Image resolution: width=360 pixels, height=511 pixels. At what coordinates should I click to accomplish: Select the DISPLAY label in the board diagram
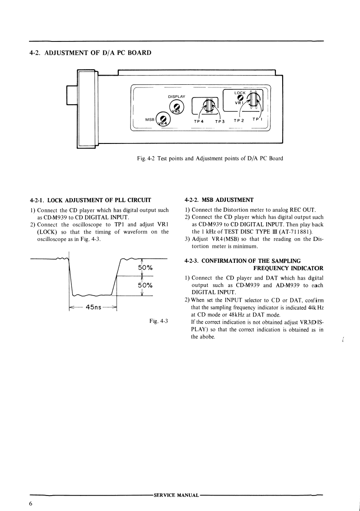[x=177, y=97]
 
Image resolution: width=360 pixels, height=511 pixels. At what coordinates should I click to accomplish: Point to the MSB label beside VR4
[x=150, y=119]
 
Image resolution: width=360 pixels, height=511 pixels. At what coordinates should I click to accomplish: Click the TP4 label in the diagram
[x=199, y=122]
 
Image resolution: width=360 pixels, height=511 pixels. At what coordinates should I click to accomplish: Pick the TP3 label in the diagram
[x=220, y=122]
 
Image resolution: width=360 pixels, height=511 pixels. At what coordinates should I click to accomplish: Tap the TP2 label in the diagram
[x=239, y=121]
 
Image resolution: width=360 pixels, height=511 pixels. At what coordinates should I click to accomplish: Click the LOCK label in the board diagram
[x=240, y=93]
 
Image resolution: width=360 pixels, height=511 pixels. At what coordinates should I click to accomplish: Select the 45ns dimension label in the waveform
[x=93, y=307]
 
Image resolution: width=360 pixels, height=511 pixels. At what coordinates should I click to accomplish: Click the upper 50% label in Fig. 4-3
[x=145, y=267]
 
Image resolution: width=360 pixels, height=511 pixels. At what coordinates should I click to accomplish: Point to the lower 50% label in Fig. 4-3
[x=145, y=286]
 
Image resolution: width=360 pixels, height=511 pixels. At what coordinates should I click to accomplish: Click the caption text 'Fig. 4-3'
[x=158, y=321]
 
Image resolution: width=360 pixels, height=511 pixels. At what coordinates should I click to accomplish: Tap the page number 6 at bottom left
[x=30, y=503]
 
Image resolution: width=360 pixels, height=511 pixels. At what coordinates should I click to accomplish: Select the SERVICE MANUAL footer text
[x=177, y=495]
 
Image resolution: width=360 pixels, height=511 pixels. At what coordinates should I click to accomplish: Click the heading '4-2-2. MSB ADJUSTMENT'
[x=219, y=199]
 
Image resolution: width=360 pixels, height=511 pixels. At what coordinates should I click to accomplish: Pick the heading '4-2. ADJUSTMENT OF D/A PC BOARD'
[x=90, y=52]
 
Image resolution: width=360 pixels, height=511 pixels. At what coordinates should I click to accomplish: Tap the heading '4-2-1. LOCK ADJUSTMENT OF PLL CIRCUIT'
[x=90, y=199]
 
